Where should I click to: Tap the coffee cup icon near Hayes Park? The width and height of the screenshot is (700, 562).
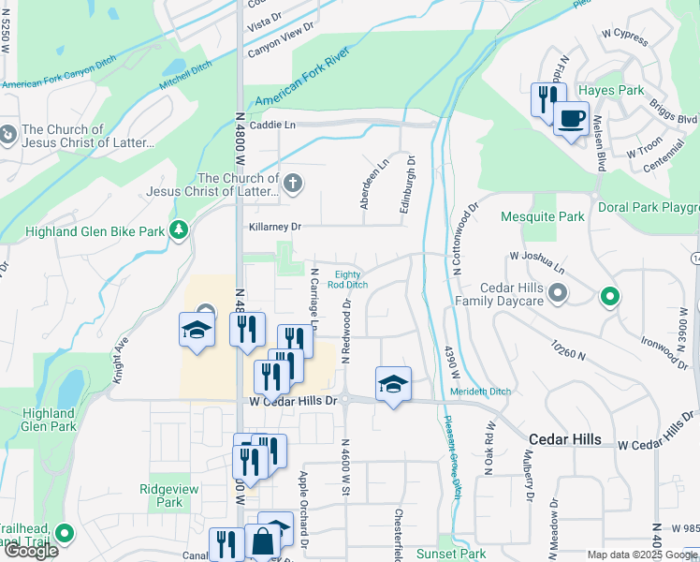(570, 119)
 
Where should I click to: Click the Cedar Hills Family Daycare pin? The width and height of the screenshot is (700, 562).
(558, 295)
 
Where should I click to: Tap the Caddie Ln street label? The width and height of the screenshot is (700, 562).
(272, 125)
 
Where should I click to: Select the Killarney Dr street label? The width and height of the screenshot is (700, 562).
(275, 227)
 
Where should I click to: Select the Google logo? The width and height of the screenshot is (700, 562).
(30, 551)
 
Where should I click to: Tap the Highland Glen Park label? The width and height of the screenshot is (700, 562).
(49, 420)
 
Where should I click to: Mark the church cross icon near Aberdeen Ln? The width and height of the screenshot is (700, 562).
(293, 183)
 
